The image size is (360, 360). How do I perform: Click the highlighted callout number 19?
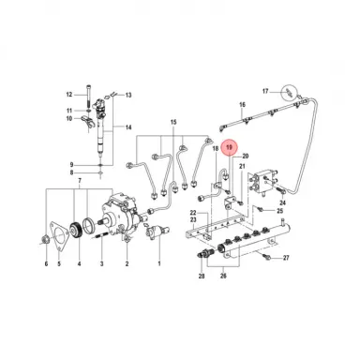click(230, 146)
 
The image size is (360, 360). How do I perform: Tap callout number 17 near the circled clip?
click(265, 91)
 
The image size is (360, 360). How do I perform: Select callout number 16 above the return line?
click(241, 104)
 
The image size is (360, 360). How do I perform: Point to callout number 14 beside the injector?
click(128, 127)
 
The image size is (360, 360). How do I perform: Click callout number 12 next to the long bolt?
click(68, 95)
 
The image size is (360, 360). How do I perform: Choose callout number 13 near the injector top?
click(129, 95)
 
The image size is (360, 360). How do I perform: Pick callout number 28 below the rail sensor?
click(201, 278)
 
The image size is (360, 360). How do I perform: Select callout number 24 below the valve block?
click(282, 202)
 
